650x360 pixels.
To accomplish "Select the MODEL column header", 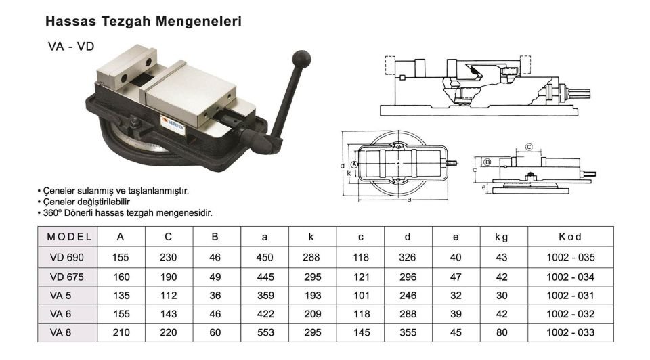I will (70, 237).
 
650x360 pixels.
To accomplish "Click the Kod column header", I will (570, 237).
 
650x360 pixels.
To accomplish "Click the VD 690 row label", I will (66, 257).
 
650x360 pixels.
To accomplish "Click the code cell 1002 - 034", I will (570, 277).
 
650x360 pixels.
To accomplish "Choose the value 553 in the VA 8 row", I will (265, 332).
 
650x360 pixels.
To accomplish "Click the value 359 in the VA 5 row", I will (265, 295).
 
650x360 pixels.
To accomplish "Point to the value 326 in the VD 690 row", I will (408, 257).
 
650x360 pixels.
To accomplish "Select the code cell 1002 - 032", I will (570, 314).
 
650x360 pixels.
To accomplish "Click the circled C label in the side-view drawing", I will (529, 147).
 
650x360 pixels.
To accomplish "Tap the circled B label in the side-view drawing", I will (487, 162).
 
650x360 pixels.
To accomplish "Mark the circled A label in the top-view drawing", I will (355, 164).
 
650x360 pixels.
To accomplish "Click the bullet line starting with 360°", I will (126, 212).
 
